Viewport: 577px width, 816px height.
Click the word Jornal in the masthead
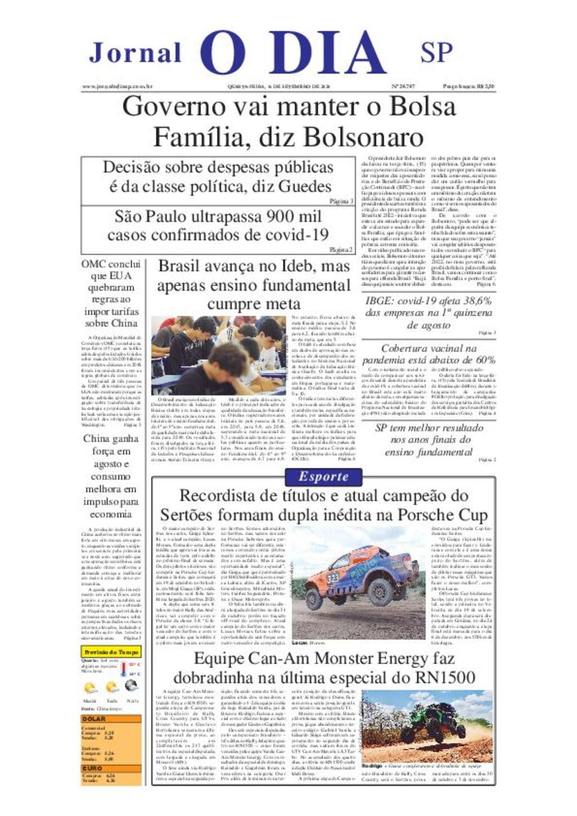[135, 53]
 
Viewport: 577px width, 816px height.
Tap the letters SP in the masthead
[436, 52]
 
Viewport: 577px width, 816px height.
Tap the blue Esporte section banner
[323, 477]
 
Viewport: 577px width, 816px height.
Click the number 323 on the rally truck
[333, 578]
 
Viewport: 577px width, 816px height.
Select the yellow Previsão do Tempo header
[111, 652]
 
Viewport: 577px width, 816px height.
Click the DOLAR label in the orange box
[94, 719]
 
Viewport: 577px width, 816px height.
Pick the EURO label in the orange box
[92, 768]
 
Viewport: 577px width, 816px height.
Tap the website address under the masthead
[117, 87]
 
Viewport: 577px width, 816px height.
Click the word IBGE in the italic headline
[380, 301]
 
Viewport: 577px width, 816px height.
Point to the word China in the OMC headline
[123, 323]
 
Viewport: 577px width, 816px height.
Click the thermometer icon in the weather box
[123, 670]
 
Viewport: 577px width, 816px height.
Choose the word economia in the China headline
[110, 514]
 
